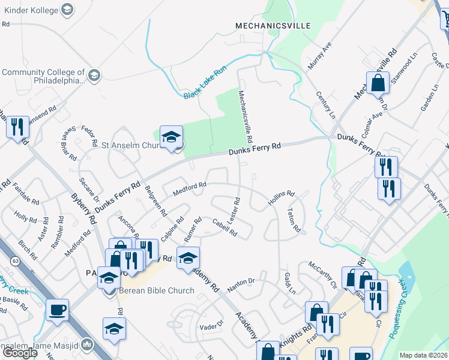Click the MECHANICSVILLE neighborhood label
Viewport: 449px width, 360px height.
(x=273, y=26)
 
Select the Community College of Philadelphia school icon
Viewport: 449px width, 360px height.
(x=93, y=76)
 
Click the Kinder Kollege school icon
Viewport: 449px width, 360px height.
(x=67, y=10)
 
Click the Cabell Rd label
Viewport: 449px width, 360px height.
(x=225, y=228)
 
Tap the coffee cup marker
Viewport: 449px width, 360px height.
(x=58, y=310)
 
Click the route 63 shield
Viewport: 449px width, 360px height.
(x=15, y=260)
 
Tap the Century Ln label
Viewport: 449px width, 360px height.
(x=325, y=106)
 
